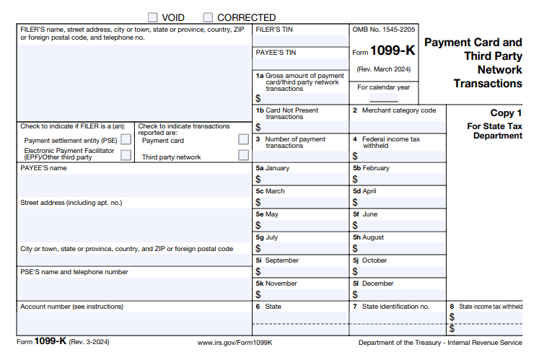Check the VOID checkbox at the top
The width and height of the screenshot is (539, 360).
[x=153, y=17]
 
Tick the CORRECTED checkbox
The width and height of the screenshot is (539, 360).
[x=209, y=17]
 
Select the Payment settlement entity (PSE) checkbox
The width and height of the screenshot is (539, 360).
[x=126, y=139]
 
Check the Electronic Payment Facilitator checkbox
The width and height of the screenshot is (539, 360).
[x=126, y=154]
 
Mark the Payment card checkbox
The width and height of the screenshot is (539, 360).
[x=244, y=139]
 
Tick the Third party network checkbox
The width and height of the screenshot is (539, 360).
[x=244, y=155]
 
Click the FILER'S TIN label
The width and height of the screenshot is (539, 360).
[x=275, y=30]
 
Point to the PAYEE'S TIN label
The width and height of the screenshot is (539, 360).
[x=276, y=53]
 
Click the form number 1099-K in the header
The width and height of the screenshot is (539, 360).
[x=393, y=51]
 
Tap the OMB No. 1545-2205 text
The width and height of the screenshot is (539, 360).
[x=383, y=30]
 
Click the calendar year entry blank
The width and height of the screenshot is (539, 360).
[x=384, y=97]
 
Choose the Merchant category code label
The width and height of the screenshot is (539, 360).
[x=398, y=110]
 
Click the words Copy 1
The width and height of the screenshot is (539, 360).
[x=506, y=113]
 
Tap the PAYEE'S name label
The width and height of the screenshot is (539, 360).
[x=43, y=168]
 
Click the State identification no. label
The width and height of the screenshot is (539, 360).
[x=395, y=307]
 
